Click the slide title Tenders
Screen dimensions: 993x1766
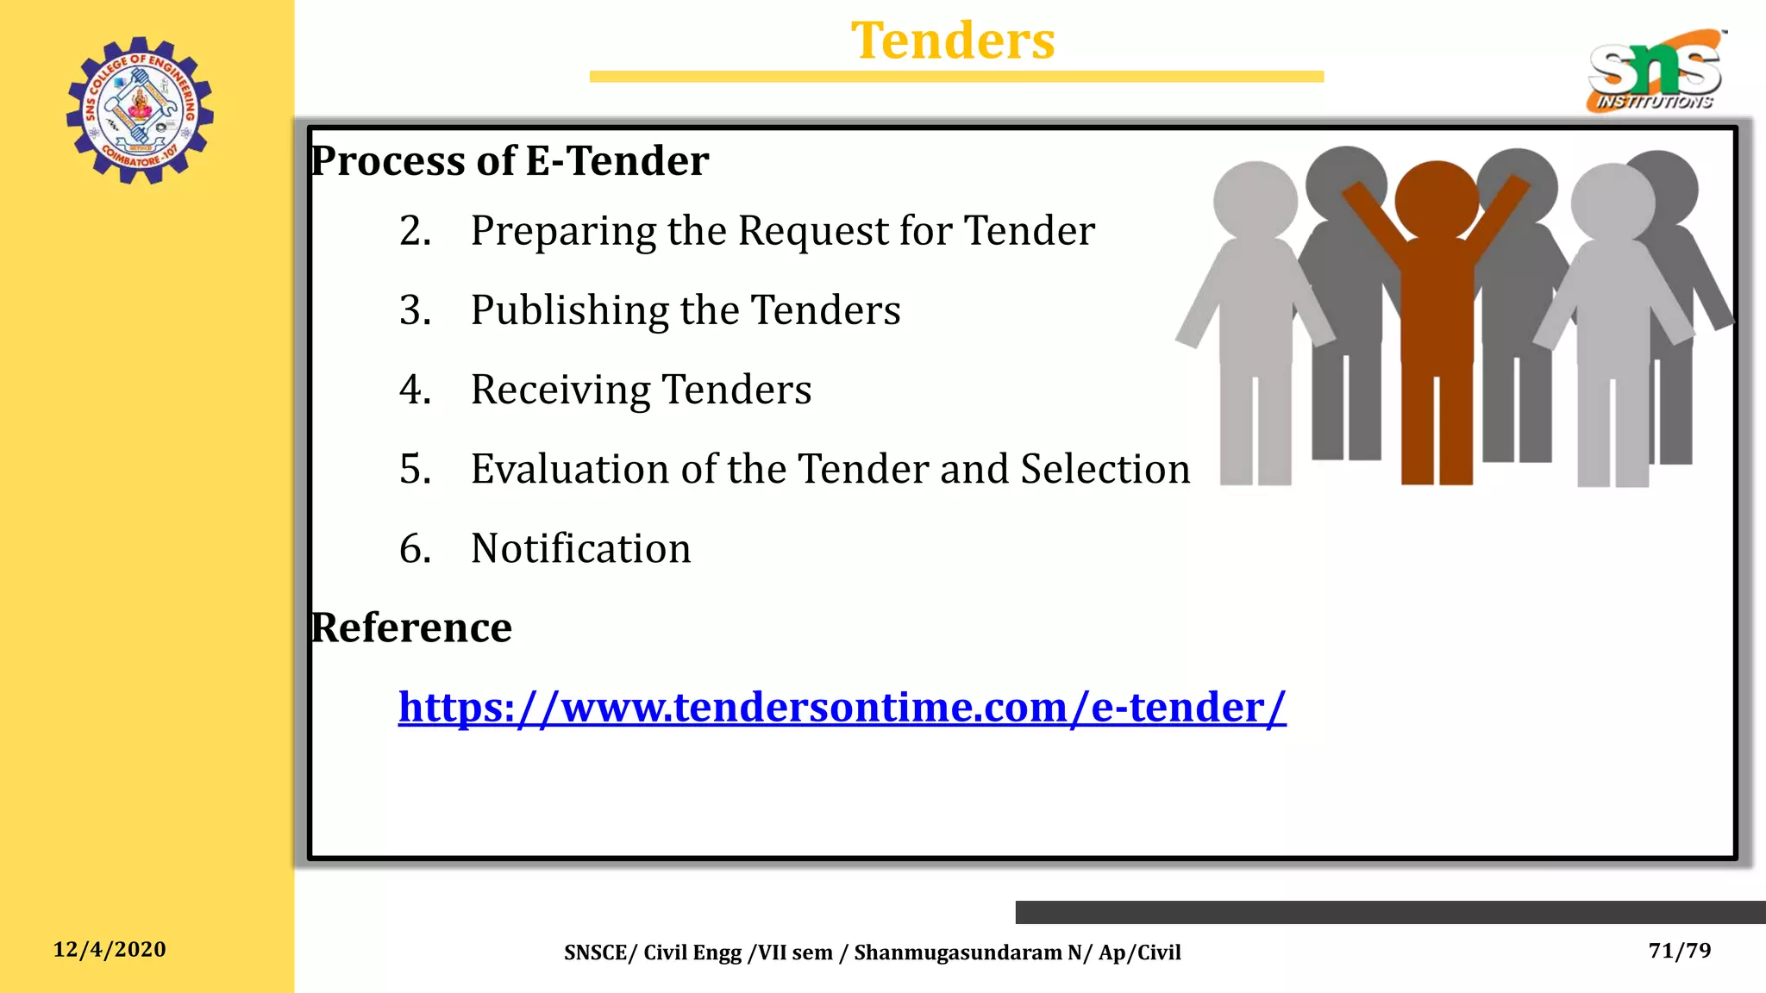coord(953,41)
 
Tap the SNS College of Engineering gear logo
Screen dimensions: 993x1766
coord(140,110)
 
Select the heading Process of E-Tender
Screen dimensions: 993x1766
coord(510,161)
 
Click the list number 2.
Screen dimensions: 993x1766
coord(415,231)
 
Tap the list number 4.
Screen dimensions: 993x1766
coord(415,390)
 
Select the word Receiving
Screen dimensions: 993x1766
coord(560,390)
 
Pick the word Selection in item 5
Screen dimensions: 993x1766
coord(1105,469)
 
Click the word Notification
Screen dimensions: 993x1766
coord(580,549)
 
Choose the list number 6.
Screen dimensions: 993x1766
coord(415,549)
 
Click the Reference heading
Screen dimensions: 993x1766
coord(411,628)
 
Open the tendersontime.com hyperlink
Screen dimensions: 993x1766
coord(842,708)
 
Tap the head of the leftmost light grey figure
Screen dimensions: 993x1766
coord(1255,201)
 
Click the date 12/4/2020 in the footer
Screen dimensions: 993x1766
coord(110,950)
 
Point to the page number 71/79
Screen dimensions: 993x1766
coord(1679,951)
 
